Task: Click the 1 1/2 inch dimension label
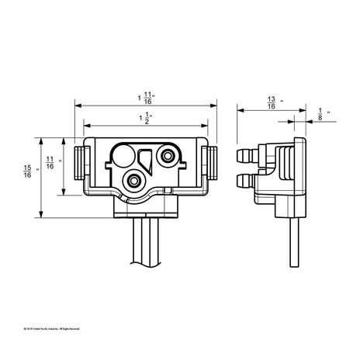(144, 118)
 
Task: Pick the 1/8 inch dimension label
(320, 114)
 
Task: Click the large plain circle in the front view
(123, 156)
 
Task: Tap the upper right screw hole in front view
(166, 157)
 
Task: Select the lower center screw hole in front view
(134, 180)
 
